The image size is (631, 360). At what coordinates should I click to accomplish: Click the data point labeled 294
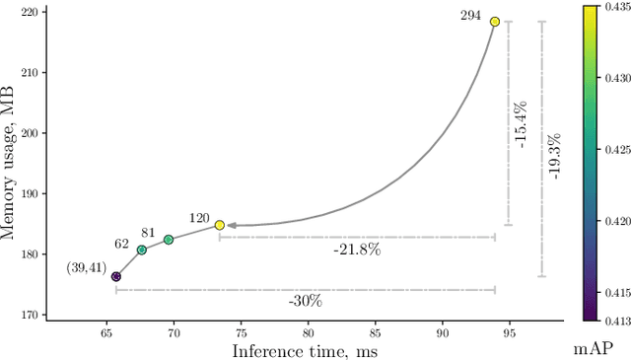[495, 22]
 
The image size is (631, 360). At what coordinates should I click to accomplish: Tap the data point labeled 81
[168, 240]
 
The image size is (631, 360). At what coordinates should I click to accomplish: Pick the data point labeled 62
[142, 250]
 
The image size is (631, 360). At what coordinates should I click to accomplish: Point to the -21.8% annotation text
[357, 250]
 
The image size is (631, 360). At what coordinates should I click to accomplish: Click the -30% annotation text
[305, 300]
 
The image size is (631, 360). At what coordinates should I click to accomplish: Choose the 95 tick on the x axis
[509, 332]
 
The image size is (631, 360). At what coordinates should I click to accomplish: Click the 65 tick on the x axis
[106, 332]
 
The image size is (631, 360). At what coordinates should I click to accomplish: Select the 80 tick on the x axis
[308, 332]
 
